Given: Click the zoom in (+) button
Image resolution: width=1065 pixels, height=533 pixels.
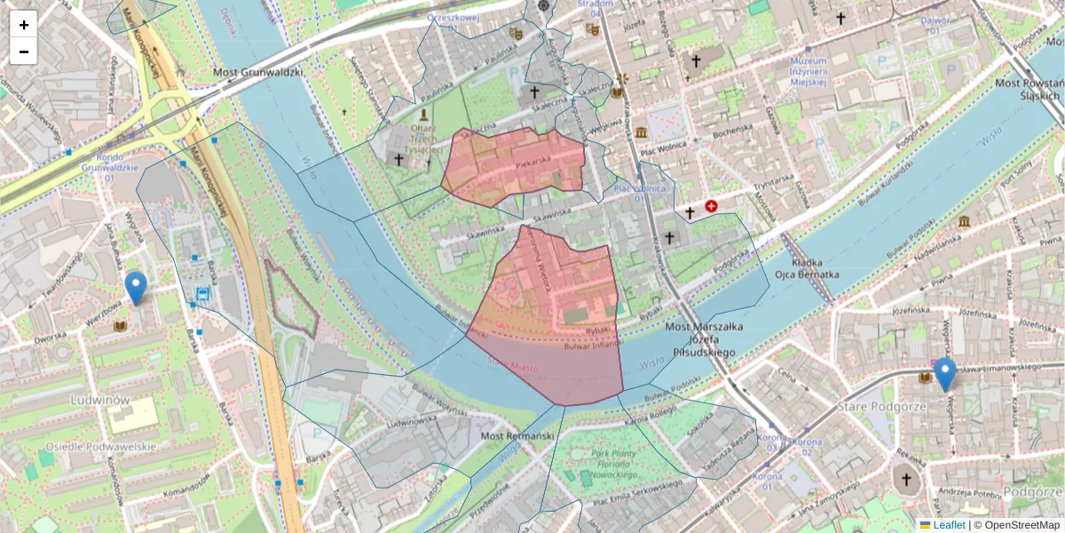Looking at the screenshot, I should (x=24, y=25).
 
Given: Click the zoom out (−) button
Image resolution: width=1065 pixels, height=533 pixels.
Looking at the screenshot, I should (x=24, y=52).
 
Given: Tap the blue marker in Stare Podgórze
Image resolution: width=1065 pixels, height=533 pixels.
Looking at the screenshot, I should (x=945, y=374).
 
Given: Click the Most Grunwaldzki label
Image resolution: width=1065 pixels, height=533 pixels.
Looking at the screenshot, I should (x=258, y=71).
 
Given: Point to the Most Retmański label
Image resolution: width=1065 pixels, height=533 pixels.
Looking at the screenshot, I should (x=517, y=436).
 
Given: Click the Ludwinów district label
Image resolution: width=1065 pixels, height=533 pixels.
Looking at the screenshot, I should (x=99, y=401).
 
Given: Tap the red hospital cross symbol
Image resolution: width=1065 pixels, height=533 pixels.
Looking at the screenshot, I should (x=711, y=206).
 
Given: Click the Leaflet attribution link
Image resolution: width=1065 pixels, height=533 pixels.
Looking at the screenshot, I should (x=948, y=525).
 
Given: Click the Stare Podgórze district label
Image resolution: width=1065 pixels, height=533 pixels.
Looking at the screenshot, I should (x=870, y=406).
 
